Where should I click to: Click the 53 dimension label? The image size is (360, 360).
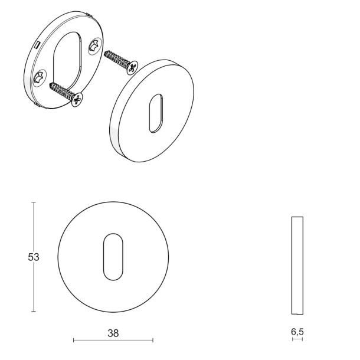click(34, 257)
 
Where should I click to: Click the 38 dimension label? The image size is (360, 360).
click(113, 333)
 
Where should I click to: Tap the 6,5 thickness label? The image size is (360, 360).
click(297, 332)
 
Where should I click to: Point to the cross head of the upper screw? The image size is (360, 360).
click(133, 67)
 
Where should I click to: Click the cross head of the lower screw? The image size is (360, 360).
click(77, 100)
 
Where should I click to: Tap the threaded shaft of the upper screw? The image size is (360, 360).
click(116, 59)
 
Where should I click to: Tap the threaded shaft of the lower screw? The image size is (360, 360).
click(61, 90)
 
